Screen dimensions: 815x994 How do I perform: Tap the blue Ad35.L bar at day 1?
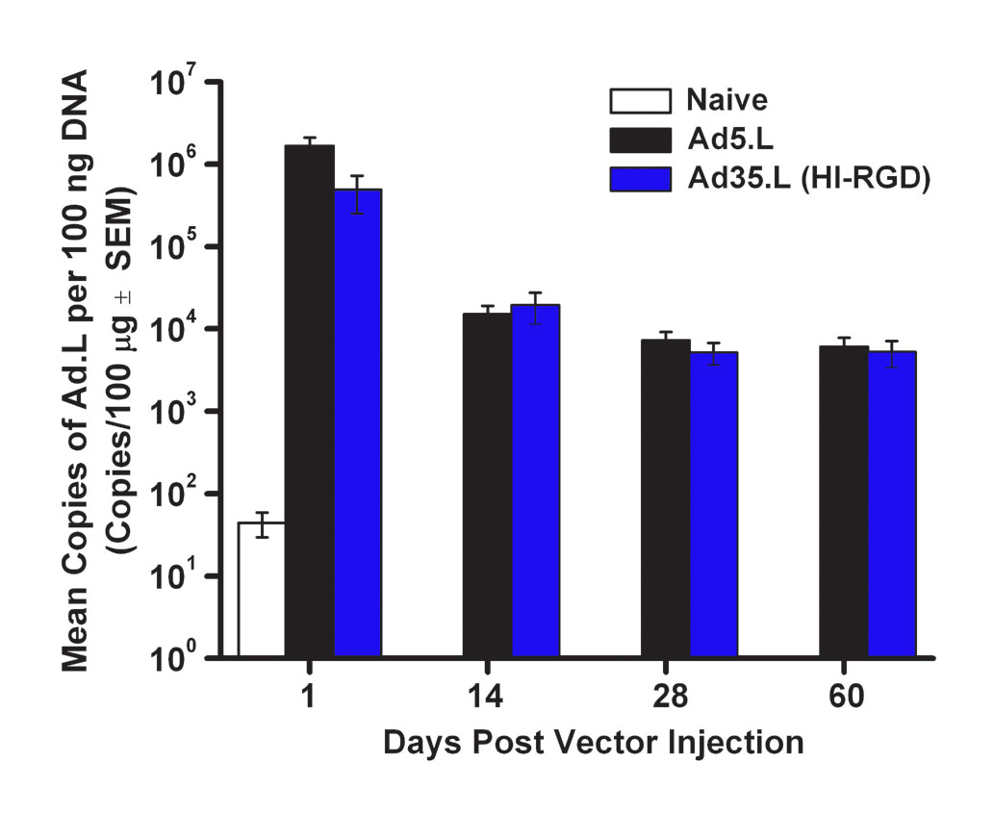(358, 423)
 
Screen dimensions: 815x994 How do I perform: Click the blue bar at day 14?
(535, 481)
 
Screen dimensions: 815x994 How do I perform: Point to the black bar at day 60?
(844, 501)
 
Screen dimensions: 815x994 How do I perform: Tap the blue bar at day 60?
(892, 504)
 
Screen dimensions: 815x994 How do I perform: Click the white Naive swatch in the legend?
(640, 100)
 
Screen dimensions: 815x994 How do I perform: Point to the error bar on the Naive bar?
(261, 524)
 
